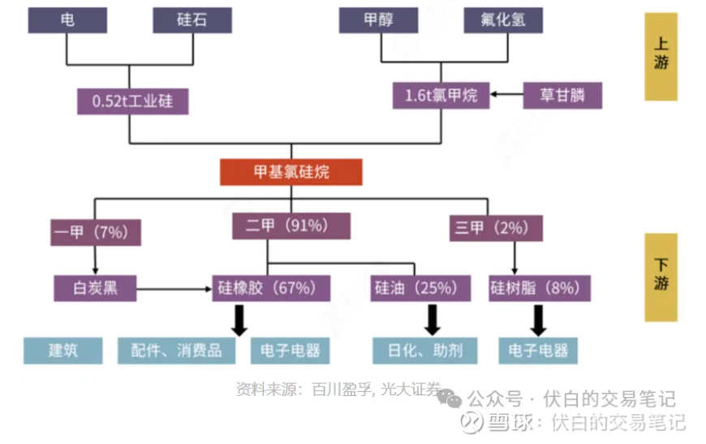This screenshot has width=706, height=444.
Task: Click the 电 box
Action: tap(67, 20)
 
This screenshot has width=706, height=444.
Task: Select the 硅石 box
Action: tap(192, 20)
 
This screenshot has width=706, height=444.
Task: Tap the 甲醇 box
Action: tap(378, 20)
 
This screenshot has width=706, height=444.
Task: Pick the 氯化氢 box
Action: tap(503, 20)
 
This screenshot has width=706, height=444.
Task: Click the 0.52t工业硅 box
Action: tap(133, 101)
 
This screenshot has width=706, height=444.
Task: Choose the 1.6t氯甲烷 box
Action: tap(441, 96)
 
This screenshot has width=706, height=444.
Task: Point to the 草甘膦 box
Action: tap(562, 96)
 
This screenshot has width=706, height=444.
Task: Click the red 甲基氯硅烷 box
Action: tap(291, 172)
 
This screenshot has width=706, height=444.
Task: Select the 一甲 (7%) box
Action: tap(96, 232)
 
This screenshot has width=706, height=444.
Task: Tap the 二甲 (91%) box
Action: tap(291, 226)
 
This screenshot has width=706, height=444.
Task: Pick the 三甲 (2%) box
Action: tap(496, 228)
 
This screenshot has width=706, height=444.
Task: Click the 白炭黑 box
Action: tap(95, 288)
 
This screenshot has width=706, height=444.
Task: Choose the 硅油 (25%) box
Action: tap(420, 288)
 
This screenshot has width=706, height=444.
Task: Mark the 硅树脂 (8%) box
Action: tap(540, 288)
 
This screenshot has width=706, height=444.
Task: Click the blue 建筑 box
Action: tap(63, 351)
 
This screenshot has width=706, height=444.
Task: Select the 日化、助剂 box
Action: tap(424, 351)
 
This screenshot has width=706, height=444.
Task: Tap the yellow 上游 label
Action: tap(661, 57)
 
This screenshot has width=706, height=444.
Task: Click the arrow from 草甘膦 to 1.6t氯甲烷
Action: tap(506, 94)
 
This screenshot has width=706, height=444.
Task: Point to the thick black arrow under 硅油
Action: tap(433, 320)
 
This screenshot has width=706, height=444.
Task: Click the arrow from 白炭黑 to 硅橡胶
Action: tap(174, 289)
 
